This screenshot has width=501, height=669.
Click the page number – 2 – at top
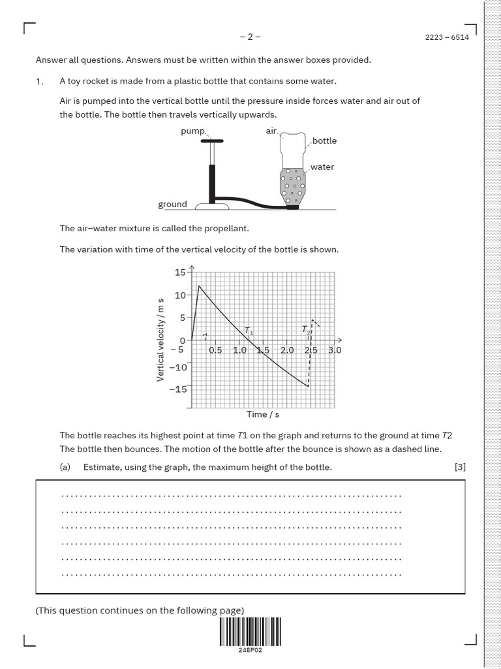pos(250,37)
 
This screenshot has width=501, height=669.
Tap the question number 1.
pos(40,81)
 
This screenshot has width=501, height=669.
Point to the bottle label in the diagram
pos(324,140)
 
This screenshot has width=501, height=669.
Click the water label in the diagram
pos(322,167)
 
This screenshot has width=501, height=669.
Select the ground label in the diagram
pos(172,204)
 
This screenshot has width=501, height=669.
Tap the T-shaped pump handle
pos(211,141)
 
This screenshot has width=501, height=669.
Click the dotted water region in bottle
pos(292,183)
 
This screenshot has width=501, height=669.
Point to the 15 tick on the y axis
pos(180,272)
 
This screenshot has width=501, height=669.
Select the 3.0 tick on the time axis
pos(335,350)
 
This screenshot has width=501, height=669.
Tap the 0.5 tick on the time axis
pos(215,350)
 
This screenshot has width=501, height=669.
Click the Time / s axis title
pos(263,414)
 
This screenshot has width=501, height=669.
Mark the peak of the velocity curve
pos(199,286)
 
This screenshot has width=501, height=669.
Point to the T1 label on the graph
pos(249,331)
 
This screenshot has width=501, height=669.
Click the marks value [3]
pos(460,466)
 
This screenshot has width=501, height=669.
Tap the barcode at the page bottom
pos(250,632)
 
